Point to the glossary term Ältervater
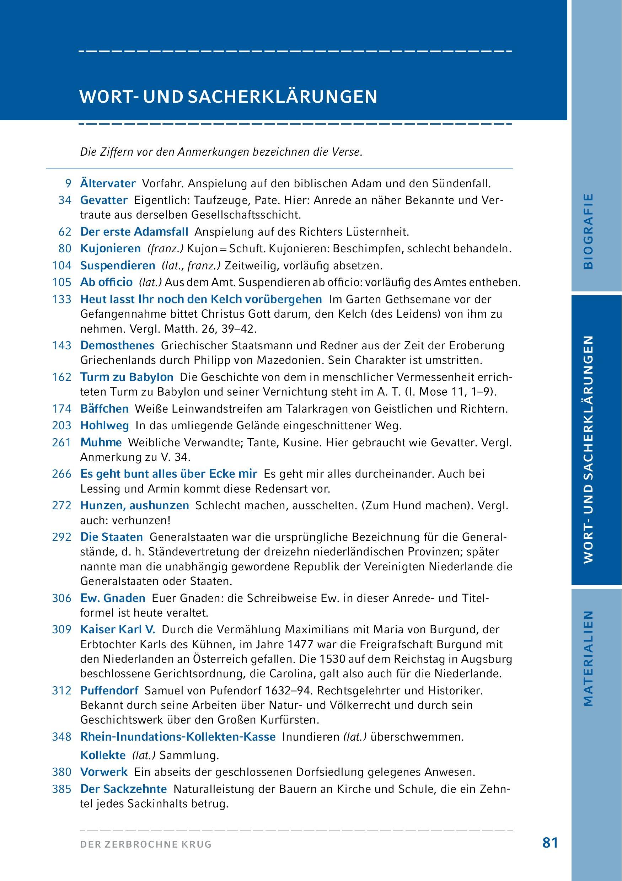(x=108, y=184)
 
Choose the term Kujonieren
(x=111, y=249)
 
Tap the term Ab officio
(x=106, y=282)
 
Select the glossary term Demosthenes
(x=117, y=345)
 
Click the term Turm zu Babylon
(x=127, y=377)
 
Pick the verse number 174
(x=62, y=409)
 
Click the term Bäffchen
(x=104, y=409)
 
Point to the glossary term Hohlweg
(x=105, y=425)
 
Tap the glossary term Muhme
(x=101, y=442)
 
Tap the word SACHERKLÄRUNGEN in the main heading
(x=283, y=97)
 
